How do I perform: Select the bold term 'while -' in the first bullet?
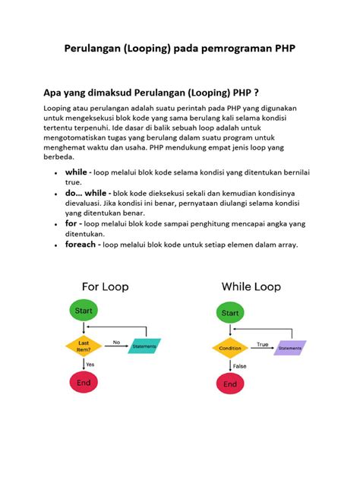pos(78,173)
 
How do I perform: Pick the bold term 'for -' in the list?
pos(73,224)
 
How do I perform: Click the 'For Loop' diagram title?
pos(105,286)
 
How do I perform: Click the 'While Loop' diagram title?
pos(251,286)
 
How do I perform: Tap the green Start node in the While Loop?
pos(230,312)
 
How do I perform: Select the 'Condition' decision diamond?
pos(230,349)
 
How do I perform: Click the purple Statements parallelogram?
pos(289,348)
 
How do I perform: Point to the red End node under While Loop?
pos(230,384)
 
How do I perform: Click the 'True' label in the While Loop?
pos(261,343)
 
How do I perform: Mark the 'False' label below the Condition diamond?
pos(239,366)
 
